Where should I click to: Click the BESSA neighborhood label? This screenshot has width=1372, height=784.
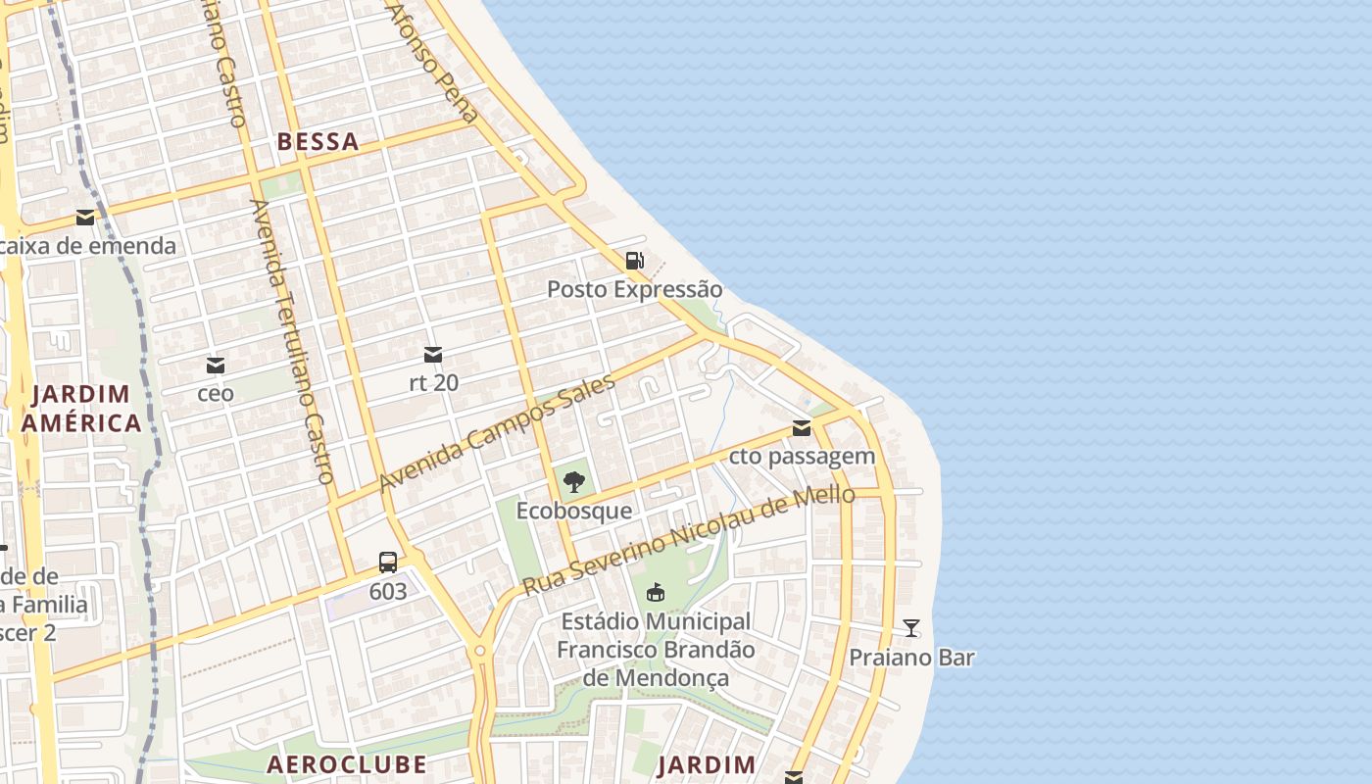tap(318, 142)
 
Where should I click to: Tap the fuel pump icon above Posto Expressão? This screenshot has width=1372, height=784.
tap(635, 261)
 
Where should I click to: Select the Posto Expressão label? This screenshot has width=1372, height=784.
tap(634, 289)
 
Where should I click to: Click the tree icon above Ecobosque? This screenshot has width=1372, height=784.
tap(574, 481)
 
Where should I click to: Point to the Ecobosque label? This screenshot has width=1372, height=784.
tap(574, 511)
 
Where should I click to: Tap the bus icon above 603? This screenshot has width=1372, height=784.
tap(388, 563)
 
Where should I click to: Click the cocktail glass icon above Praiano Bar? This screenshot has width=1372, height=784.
tap(911, 628)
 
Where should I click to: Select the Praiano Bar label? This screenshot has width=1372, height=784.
tap(911, 658)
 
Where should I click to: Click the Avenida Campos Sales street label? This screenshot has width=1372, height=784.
tap(497, 433)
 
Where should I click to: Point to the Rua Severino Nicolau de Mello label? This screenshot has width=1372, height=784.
tap(688, 540)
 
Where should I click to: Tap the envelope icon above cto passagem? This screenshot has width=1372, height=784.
tap(802, 427)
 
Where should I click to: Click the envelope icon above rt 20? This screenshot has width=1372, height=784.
tap(433, 354)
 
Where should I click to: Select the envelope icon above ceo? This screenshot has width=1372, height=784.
tap(216, 366)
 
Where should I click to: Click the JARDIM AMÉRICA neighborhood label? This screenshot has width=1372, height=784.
tap(81, 409)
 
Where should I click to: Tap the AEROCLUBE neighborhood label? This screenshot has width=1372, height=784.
tap(347, 764)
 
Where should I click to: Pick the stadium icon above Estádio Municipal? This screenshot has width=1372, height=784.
tap(656, 592)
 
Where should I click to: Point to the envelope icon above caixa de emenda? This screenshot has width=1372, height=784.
tap(85, 218)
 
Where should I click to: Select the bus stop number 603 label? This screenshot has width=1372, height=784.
tap(388, 591)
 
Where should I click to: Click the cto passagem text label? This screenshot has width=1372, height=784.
tap(802, 456)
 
